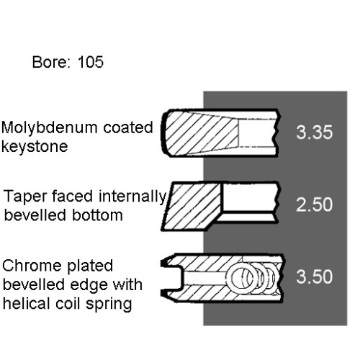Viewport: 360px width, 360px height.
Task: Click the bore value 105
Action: (x=91, y=62)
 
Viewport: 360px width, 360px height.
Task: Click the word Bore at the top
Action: (x=50, y=62)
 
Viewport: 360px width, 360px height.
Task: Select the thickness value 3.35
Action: (x=315, y=132)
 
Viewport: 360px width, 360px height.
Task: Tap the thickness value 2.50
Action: (x=315, y=204)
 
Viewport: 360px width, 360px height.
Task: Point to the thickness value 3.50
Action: (x=315, y=276)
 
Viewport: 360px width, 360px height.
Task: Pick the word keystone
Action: (x=35, y=146)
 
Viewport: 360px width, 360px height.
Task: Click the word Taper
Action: (x=25, y=197)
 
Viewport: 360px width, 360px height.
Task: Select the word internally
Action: (x=132, y=197)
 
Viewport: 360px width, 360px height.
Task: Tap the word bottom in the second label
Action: (x=97, y=215)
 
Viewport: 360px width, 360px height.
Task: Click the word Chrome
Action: (x=32, y=266)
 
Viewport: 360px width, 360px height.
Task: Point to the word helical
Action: (x=27, y=303)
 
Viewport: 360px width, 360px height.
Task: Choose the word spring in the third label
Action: (x=109, y=305)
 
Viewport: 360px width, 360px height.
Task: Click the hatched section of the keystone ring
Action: (x=202, y=133)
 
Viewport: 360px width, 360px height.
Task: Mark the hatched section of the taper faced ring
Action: (x=193, y=206)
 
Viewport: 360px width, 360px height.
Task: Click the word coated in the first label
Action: (x=128, y=127)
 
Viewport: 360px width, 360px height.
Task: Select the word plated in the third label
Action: (x=90, y=266)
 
